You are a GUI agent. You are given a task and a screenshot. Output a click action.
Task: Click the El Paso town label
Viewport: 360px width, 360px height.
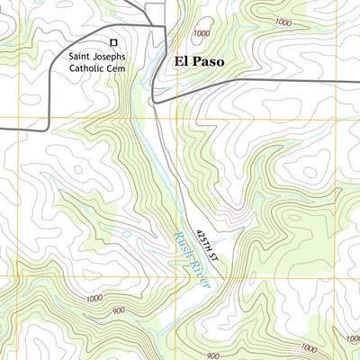point(197,63)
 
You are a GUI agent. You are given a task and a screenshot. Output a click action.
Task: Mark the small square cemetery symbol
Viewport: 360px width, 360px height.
point(113,41)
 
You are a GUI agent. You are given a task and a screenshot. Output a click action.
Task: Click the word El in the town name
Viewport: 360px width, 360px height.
point(180,63)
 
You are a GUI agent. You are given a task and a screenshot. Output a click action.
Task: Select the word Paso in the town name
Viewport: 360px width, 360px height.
point(206,63)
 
